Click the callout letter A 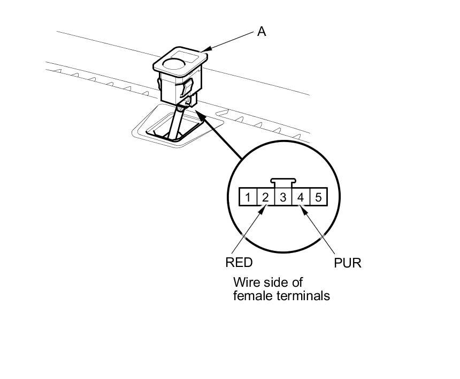(262, 32)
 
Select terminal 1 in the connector (248, 197)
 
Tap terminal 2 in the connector (265, 197)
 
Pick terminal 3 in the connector (283, 197)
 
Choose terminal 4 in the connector (301, 197)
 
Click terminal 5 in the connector (318, 197)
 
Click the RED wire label (239, 263)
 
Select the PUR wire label (348, 263)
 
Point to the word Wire (246, 282)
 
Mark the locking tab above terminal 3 (282, 183)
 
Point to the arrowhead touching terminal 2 (262, 210)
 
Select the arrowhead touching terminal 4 (304, 210)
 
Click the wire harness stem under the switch (174, 123)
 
